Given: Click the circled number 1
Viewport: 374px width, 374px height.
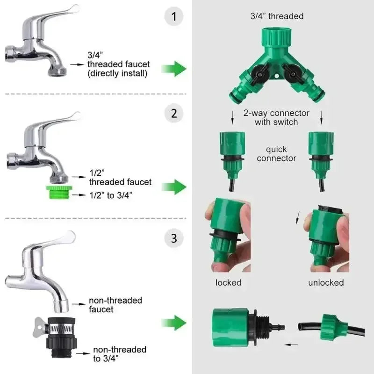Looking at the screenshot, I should coord(174,17).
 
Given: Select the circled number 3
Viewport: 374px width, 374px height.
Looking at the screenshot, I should coord(174,239).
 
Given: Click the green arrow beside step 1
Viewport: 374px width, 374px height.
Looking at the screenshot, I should coord(174,69).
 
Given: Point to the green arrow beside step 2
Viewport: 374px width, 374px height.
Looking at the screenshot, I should coord(174,187).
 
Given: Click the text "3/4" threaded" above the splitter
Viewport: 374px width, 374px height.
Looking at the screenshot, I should coord(277,16).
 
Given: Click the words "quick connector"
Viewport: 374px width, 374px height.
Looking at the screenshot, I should coord(276,154).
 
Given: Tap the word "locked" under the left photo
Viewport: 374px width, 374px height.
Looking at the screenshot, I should coord(228,282).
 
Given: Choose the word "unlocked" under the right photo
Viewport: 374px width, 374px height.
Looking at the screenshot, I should coord(326,282).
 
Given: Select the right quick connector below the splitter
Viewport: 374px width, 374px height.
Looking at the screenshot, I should coord(321,150).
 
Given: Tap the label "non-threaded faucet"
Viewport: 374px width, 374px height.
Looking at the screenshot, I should coord(115,305).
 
